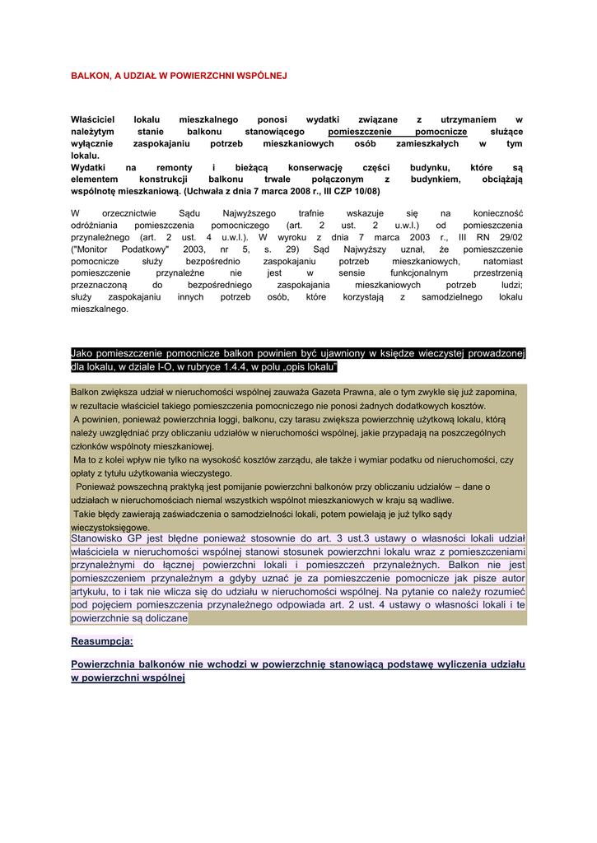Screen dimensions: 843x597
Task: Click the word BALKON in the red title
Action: [88, 75]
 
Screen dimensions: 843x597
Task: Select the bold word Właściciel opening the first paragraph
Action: [95, 119]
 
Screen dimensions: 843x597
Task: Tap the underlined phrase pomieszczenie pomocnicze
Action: [397, 132]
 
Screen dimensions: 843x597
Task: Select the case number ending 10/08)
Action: [365, 191]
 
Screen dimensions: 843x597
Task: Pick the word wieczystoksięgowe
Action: [110, 527]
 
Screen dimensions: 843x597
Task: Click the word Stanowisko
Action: [100, 539]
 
